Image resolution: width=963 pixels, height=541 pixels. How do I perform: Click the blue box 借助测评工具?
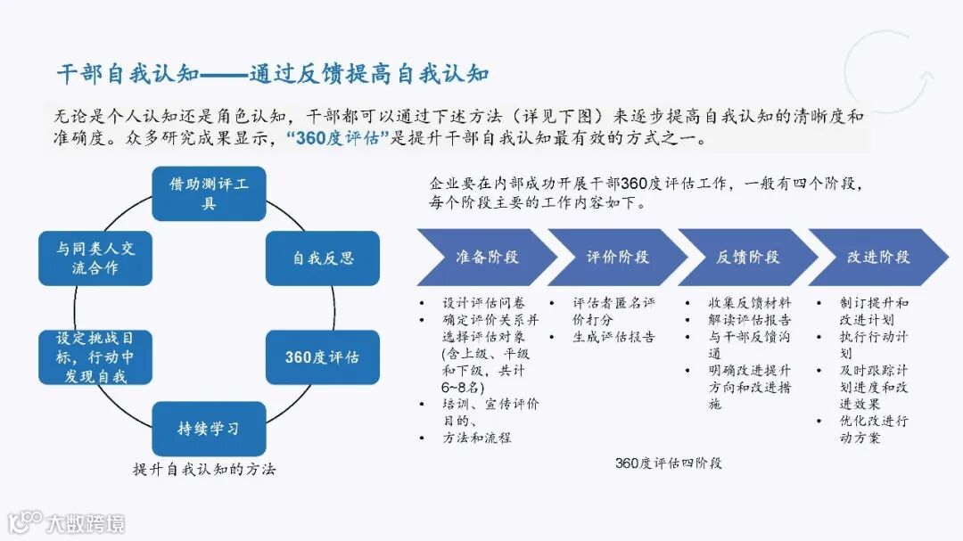(x=209, y=193)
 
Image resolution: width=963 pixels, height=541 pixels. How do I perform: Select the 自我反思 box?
(x=323, y=258)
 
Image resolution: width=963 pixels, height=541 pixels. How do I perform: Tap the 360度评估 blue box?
(x=323, y=357)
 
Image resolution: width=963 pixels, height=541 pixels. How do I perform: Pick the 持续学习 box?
(x=209, y=428)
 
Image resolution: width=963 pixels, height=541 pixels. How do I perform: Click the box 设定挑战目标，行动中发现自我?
(x=94, y=357)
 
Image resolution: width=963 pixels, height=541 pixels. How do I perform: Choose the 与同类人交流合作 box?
(x=94, y=258)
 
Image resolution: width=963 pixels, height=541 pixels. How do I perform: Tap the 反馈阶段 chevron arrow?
(x=747, y=258)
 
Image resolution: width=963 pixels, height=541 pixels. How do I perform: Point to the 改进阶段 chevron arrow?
(x=878, y=258)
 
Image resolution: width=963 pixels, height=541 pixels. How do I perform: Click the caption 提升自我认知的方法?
(x=204, y=469)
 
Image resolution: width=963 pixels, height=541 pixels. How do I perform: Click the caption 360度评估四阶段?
(x=668, y=463)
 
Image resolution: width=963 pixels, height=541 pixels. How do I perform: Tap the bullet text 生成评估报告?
(x=614, y=337)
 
